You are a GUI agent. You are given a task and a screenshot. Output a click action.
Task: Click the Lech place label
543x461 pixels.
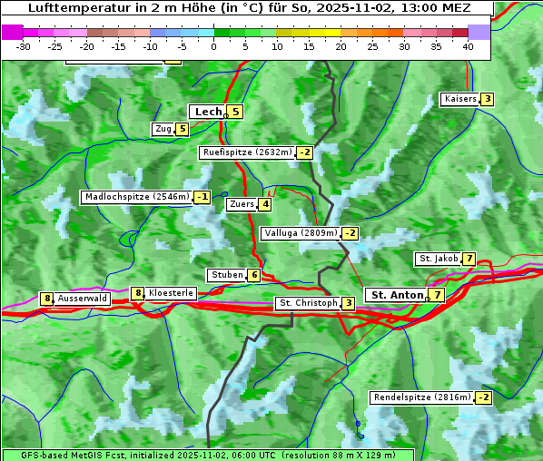click(x=208, y=112)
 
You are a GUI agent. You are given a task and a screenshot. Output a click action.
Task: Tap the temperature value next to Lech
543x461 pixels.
click(x=235, y=112)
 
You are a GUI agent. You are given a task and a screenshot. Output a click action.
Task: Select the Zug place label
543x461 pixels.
click(x=163, y=129)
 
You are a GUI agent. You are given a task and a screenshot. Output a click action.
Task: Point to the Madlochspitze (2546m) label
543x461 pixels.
click(x=136, y=197)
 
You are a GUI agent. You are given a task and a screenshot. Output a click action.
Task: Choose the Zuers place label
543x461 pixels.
click(x=242, y=204)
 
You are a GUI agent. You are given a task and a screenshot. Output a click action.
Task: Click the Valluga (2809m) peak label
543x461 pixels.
click(x=301, y=233)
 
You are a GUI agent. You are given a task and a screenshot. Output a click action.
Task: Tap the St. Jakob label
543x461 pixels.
click(x=439, y=259)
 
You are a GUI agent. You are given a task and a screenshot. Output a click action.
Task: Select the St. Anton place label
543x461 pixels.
click(x=397, y=295)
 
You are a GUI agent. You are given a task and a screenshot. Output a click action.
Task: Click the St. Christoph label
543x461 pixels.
click(x=308, y=302)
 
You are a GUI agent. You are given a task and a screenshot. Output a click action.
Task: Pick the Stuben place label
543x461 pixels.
click(x=227, y=275)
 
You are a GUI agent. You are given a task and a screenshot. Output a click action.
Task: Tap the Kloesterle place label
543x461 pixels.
click(x=171, y=293)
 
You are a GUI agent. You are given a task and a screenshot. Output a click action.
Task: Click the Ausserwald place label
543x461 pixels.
click(x=83, y=298)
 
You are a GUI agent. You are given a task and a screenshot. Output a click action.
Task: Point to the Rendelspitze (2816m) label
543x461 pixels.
click(x=422, y=397)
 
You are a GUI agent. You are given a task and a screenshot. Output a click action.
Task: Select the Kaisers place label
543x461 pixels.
click(x=459, y=99)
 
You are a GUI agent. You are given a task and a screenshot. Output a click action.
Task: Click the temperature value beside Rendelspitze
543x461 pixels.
click(x=483, y=397)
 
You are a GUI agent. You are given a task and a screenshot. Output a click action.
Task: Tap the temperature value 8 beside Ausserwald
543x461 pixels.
click(x=46, y=299)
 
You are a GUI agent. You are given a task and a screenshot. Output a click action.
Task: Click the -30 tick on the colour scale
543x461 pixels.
click(x=24, y=46)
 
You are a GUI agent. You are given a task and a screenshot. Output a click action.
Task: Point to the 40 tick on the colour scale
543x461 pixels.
click(x=468, y=46)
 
